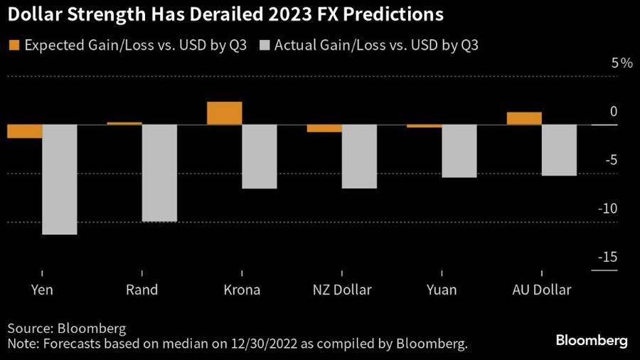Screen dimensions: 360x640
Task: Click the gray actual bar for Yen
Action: point(60,179)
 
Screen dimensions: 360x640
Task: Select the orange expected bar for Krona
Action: point(224,114)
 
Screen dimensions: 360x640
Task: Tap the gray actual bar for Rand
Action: point(159,173)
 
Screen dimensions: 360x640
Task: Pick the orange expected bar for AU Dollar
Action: point(524,119)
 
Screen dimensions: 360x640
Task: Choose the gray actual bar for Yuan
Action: point(459,151)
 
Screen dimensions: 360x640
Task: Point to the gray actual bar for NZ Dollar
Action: point(359,157)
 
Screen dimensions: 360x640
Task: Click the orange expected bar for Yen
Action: point(25,132)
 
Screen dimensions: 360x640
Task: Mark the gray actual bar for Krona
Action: point(260,157)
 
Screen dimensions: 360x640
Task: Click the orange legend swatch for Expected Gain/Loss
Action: point(14,45)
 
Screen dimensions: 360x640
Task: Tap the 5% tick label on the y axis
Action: point(622,63)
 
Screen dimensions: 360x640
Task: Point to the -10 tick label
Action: point(609,209)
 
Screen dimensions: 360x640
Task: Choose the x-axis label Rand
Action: point(142,290)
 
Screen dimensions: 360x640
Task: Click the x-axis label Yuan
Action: point(441,290)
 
